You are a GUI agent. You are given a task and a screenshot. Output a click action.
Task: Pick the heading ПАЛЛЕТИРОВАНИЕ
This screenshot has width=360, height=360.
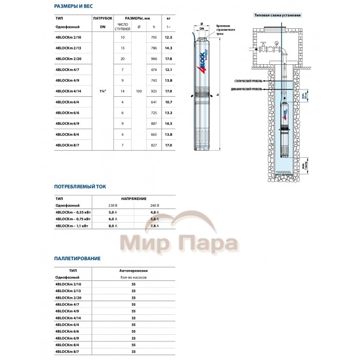pos(77,258)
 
